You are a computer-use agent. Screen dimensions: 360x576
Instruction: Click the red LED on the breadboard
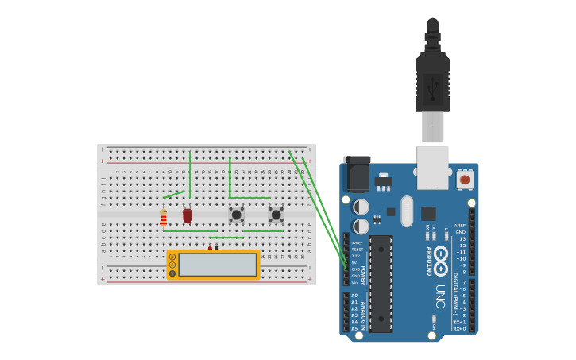(187, 215)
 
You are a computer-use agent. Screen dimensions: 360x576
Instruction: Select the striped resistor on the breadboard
(164, 218)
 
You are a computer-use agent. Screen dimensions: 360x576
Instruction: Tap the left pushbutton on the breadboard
(236, 214)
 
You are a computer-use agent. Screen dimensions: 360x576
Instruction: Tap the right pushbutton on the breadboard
(276, 214)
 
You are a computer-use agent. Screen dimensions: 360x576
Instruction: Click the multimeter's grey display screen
(217, 265)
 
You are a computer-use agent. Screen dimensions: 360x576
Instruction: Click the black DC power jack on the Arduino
(357, 174)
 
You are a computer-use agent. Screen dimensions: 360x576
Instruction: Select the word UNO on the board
(440, 296)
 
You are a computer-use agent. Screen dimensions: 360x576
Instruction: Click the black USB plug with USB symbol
(432, 83)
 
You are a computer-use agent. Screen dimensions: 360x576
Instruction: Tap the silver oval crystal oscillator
(407, 211)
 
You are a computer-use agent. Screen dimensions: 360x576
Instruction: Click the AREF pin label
(459, 226)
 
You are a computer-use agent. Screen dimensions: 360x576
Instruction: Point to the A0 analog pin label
(354, 296)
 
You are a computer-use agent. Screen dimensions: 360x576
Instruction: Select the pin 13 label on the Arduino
(462, 238)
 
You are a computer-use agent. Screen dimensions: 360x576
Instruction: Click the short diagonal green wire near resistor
(174, 194)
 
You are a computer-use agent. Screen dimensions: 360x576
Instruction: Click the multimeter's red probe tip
(210, 247)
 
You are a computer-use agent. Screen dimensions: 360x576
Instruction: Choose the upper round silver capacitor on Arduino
(361, 207)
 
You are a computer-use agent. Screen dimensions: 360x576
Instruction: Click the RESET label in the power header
(357, 250)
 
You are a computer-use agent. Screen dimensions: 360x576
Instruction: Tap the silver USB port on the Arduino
(432, 166)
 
